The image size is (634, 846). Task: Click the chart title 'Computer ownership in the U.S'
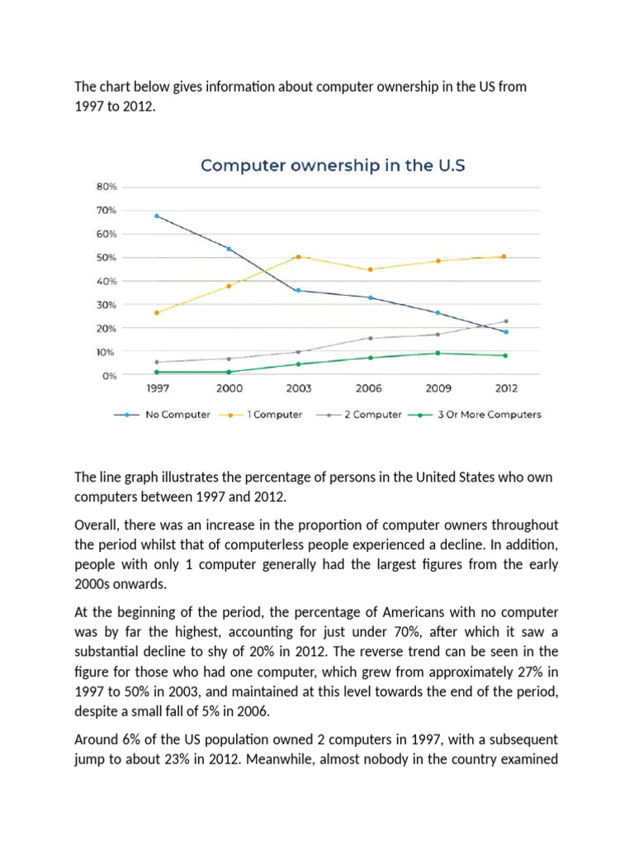334,165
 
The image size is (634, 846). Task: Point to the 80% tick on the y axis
108,187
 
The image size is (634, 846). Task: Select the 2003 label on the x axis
298,388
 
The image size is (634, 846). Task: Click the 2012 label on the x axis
505,388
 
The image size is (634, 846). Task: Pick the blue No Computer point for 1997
157,216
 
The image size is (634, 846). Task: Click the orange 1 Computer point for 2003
298,257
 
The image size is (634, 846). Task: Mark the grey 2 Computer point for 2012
506,321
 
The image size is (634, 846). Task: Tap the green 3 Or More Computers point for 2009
437,353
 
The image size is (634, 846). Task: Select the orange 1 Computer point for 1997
157,313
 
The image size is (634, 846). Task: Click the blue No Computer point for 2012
506,332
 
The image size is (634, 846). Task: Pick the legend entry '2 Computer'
372,415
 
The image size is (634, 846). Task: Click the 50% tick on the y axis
108,258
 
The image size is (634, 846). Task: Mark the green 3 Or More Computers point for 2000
228,372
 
